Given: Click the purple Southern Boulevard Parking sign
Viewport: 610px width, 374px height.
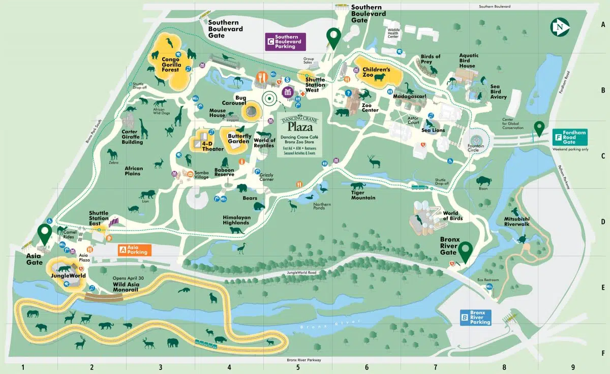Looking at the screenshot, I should (286, 42).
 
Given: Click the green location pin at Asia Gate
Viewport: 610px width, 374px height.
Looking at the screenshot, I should (45, 234).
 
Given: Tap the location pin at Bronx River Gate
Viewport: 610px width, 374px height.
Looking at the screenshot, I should (465, 252).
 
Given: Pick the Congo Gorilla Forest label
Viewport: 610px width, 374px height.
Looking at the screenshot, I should (170, 65).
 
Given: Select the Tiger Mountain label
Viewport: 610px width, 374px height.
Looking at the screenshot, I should (363, 195).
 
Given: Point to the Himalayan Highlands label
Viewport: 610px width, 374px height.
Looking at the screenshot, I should (236, 220).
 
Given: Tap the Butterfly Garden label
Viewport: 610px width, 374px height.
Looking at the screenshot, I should (239, 138).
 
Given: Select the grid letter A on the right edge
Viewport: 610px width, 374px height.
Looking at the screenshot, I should (603, 24).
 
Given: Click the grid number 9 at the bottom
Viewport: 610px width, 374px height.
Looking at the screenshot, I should (572, 366).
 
